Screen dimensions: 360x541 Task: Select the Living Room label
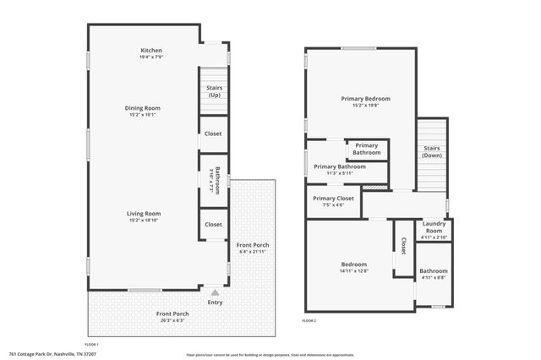click(145, 213)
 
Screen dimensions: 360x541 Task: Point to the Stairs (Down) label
click(432, 152)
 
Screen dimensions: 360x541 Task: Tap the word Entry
click(215, 303)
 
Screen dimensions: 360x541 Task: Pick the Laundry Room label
click(434, 227)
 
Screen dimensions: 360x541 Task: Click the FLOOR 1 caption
click(91, 345)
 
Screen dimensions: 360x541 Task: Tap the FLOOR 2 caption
click(309, 321)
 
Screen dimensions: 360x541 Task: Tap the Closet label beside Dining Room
click(214, 134)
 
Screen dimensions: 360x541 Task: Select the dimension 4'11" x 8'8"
click(434, 277)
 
